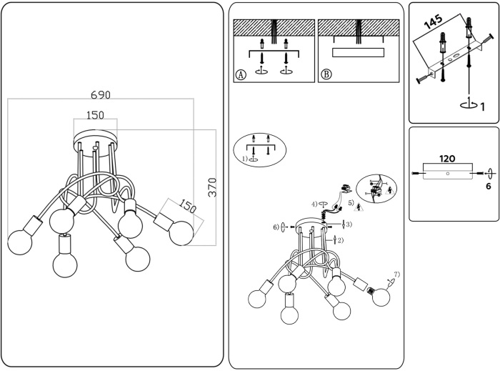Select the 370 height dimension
coord(211,185)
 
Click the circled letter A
coord(241,74)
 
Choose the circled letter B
coord(326,74)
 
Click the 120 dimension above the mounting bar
coord(447,158)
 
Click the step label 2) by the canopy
coord(340,240)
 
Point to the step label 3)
coord(348,225)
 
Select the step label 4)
coord(314,204)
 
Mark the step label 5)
coord(351,202)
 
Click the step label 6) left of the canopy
coord(276,227)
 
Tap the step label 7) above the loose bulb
coord(396,274)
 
